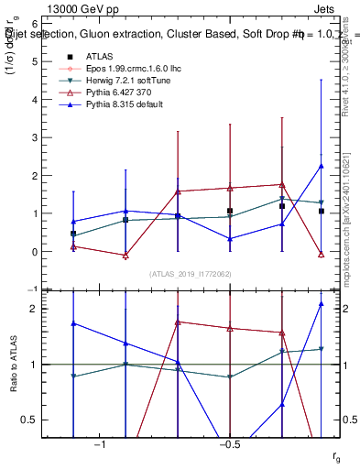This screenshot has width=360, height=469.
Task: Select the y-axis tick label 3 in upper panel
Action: (34, 137)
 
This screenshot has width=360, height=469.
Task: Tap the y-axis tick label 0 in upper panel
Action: (34, 252)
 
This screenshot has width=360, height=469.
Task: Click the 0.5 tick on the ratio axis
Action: (29, 420)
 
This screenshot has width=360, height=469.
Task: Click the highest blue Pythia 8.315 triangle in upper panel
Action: (321, 166)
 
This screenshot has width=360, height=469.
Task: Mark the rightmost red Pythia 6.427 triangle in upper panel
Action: (321, 254)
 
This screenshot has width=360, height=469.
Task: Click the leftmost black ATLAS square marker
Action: (73, 234)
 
